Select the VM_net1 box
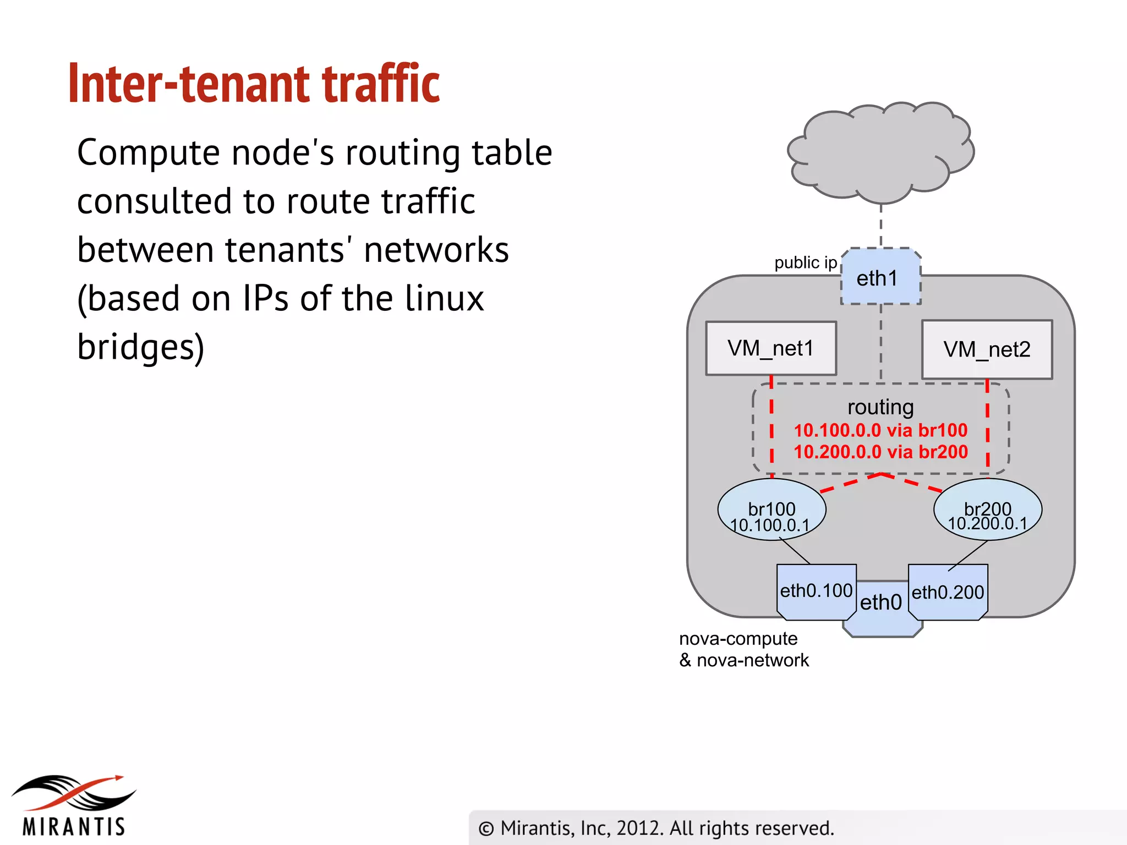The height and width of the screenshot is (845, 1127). [x=770, y=348]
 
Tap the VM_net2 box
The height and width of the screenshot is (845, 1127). [x=987, y=349]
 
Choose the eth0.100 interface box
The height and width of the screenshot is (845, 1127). [x=816, y=591]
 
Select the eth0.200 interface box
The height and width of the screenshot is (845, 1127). [x=948, y=592]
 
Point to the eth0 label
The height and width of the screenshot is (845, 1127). [x=880, y=602]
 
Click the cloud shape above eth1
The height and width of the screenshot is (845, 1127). [x=880, y=151]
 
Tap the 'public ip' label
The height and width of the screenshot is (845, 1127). [x=805, y=263]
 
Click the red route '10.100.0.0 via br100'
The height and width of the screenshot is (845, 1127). [x=880, y=430]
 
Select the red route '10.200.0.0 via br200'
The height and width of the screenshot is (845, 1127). [x=880, y=452]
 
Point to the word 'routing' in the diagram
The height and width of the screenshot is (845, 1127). [x=880, y=407]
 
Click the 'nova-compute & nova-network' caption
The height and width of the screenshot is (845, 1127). [x=743, y=649]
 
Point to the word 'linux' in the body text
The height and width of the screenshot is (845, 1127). [x=444, y=299]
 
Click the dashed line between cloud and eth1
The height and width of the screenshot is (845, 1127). [x=881, y=226]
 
